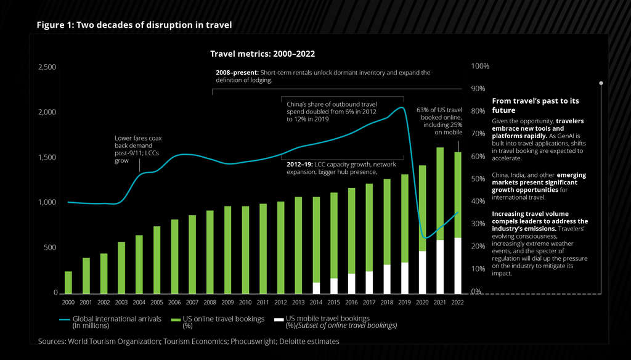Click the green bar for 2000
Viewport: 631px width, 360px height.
coord(68,282)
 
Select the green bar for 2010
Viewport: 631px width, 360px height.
coord(245,250)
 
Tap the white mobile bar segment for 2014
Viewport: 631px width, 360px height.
coord(316,288)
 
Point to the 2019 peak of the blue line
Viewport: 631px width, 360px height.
coord(401,108)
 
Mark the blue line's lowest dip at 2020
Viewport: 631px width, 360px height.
coord(424,237)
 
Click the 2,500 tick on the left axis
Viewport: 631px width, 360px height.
coord(47,67)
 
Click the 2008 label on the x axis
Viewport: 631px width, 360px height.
coord(210,303)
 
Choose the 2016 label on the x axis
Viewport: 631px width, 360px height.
coord(351,303)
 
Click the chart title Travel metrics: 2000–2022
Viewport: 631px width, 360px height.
coord(263,54)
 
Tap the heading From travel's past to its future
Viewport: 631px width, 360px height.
coord(535,105)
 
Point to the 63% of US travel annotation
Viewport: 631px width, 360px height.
coord(440,120)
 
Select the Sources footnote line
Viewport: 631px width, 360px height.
coord(189,341)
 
